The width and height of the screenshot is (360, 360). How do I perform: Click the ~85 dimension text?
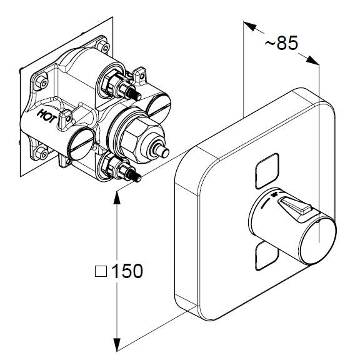281,43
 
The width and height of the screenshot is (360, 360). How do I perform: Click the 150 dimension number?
127,271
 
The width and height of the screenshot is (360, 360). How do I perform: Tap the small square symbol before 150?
101,271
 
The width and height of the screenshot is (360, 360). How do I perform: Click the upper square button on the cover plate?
267,171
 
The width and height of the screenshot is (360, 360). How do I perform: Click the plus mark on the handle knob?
274,195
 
